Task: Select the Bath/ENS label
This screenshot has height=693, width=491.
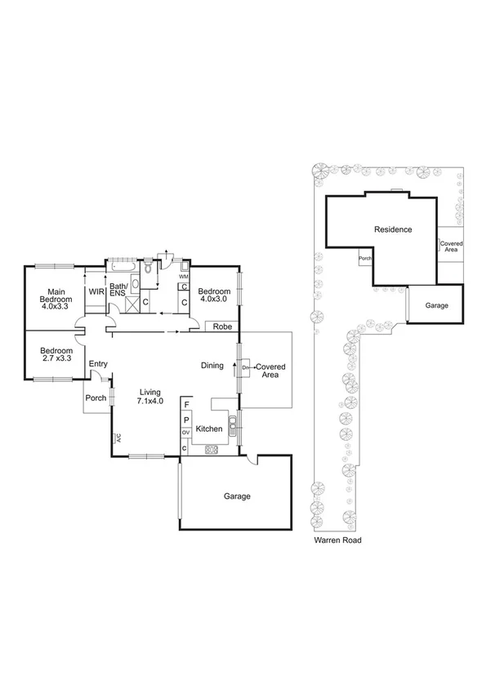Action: point(119,291)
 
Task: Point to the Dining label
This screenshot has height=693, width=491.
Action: point(212,366)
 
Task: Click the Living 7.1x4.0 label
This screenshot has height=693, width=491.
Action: point(150,396)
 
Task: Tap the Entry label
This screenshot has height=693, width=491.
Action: point(98,364)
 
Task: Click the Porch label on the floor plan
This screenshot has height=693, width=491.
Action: point(95,399)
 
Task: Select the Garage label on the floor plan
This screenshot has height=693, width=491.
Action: point(237,495)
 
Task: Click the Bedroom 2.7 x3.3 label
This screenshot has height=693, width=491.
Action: point(56,354)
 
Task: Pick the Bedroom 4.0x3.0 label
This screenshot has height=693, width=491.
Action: point(215,295)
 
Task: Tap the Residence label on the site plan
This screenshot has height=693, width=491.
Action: point(393,229)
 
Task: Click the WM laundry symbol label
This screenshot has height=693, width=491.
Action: point(184,277)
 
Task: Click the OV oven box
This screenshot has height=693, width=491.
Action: point(185,432)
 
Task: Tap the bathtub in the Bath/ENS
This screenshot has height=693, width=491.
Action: point(123,266)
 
